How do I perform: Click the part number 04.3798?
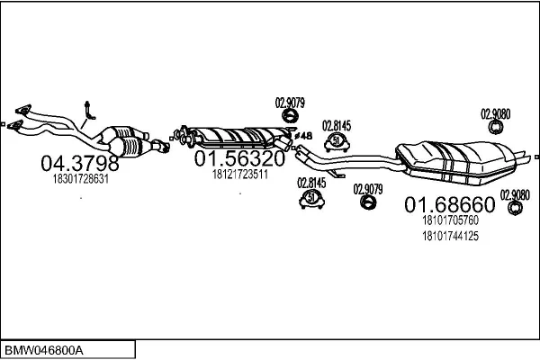point(80,163)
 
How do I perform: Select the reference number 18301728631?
point(81,179)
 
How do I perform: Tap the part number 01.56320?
point(239,158)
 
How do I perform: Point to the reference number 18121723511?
point(240,175)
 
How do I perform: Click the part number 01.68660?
point(450,204)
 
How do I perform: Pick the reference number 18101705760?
point(451,220)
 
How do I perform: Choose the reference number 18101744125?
point(451,236)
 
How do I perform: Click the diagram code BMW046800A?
point(44,351)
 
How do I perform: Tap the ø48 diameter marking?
point(304,136)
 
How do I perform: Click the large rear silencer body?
point(456,162)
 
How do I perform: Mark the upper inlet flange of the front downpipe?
point(23,110)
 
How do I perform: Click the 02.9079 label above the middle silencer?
point(290,103)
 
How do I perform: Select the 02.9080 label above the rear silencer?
point(496,114)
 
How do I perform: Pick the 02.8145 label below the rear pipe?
point(311,183)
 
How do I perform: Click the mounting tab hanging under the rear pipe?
point(336,174)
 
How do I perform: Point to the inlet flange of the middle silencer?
point(183,135)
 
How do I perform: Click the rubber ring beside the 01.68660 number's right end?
point(515,208)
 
